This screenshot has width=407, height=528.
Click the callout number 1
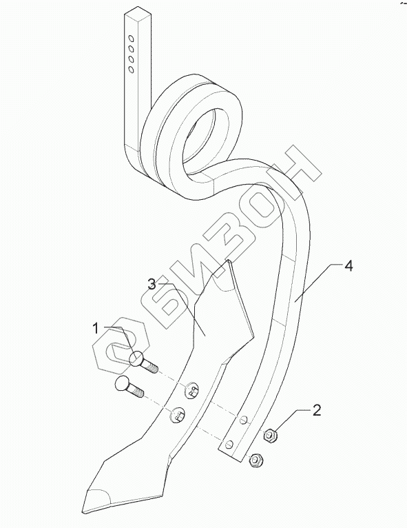point(96,328)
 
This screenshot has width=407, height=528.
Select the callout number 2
point(317,410)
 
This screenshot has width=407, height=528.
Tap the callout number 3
point(152,285)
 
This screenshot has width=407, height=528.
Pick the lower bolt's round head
point(122,383)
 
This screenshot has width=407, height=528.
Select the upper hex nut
point(270,436)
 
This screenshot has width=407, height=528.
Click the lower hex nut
point(255,460)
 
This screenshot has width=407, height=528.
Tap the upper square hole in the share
point(192,391)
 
